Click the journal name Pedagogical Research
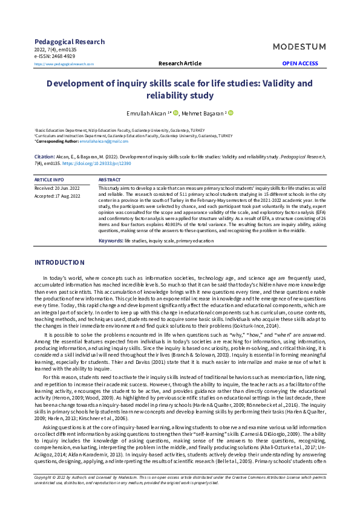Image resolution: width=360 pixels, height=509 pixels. click(70, 42)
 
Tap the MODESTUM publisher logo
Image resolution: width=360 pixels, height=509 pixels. click(299, 47)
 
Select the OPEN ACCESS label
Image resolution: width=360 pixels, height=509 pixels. click(299, 63)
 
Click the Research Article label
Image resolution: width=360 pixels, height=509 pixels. click(180, 63)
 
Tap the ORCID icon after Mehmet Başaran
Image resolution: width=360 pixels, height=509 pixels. click(231, 113)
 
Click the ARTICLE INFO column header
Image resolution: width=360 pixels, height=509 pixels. click(49, 180)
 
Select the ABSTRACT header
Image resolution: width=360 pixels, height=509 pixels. click(109, 180)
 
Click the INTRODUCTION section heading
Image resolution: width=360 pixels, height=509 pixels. click(59, 263)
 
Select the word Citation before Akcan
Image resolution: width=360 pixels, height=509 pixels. click(45, 157)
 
